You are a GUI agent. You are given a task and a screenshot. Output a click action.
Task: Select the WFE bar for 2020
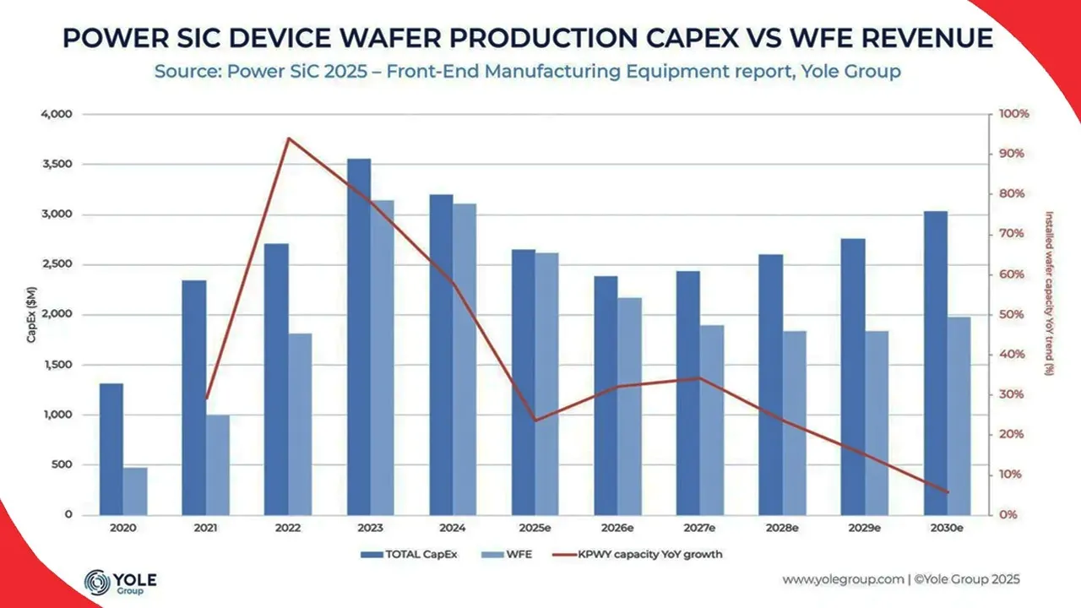tap(135, 491)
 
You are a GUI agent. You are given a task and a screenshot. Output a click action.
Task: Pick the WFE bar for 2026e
tap(629, 405)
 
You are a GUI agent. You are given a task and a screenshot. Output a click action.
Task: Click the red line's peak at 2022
tap(289, 138)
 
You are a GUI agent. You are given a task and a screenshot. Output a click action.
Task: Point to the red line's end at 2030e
tap(948, 492)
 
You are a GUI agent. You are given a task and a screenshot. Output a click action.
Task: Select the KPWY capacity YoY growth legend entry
tap(637, 555)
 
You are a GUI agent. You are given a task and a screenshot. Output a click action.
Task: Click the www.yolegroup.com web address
tap(841, 579)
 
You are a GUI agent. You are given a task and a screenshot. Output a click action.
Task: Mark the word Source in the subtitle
tap(182, 72)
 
